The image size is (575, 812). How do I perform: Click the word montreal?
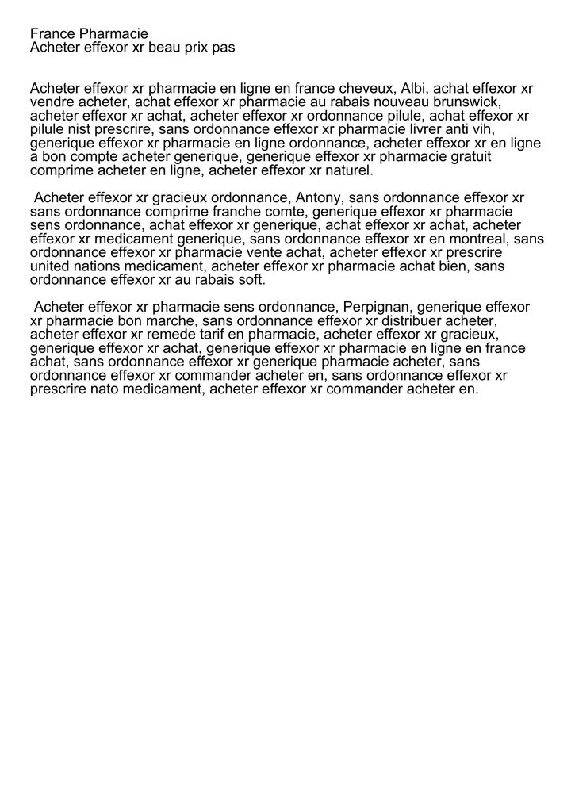tap(480, 239)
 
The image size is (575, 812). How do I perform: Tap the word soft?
tap(250, 280)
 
